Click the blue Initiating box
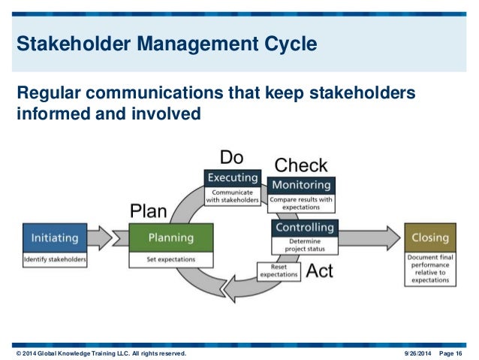click(54, 238)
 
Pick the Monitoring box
click(300, 185)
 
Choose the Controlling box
click(304, 228)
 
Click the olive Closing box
click(429, 238)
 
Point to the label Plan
click(148, 210)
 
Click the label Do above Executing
click(232, 157)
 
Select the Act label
click(320, 271)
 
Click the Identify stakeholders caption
click(54, 260)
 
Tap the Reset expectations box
click(279, 271)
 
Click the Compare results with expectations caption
click(300, 202)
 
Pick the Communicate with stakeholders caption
click(233, 196)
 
